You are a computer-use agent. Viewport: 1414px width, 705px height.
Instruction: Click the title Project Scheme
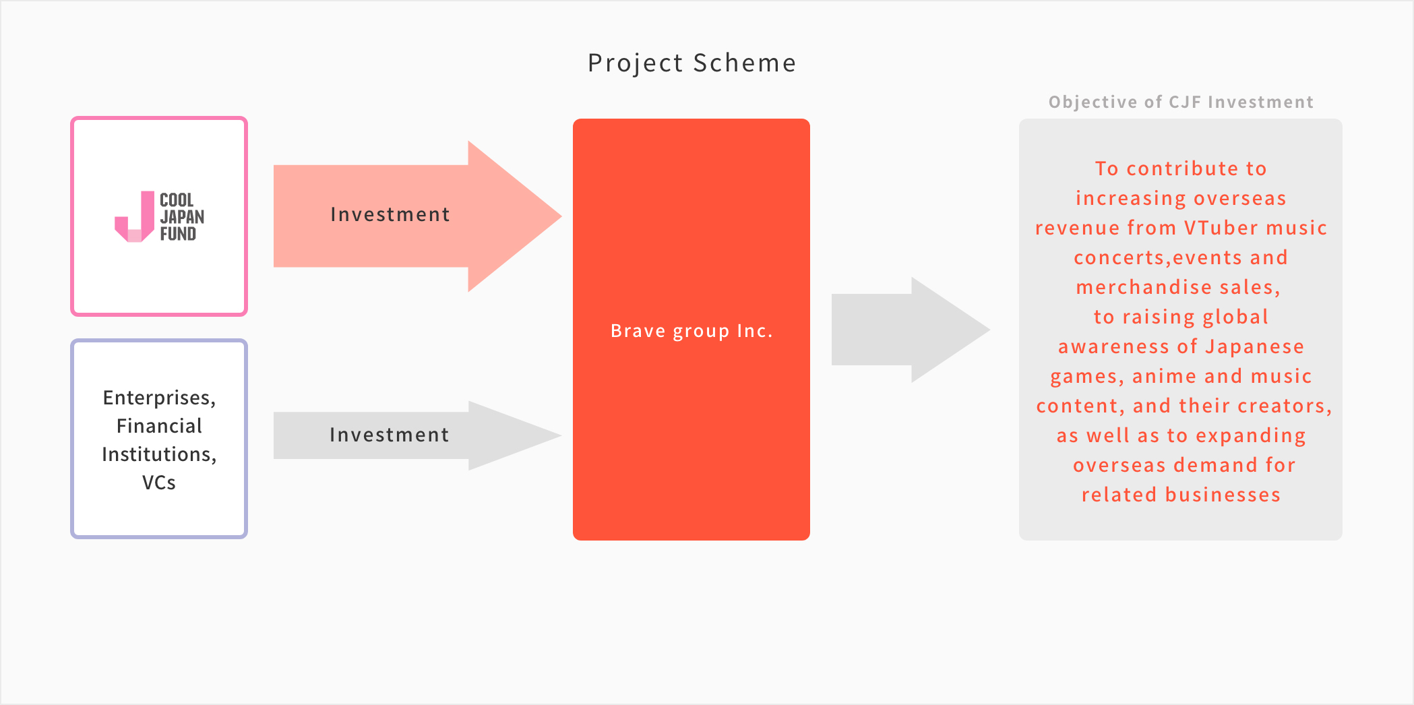coord(692,63)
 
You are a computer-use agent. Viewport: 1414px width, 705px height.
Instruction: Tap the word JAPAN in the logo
coord(182,217)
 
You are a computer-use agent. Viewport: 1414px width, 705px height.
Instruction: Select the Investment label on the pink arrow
coord(390,214)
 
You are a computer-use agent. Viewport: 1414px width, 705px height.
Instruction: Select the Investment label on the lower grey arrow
coord(390,435)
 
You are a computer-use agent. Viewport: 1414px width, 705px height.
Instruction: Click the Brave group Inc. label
coord(691,331)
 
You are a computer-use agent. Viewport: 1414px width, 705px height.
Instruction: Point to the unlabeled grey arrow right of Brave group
coord(911,330)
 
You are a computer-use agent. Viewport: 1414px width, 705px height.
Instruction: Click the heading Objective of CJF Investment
coord(1181,102)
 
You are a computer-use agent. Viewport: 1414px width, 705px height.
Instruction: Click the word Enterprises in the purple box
coord(156,398)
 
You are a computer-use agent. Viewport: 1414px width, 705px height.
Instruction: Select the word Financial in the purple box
coord(159,426)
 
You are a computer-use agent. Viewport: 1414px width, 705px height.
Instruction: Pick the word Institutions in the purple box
coord(156,454)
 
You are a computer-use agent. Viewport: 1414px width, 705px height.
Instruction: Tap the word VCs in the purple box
coord(159,483)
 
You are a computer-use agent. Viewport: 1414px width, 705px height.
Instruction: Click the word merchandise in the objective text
coord(1151,287)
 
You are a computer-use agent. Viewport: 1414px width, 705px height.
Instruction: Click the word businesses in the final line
coord(1223,495)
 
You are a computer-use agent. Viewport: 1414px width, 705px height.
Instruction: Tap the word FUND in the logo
coord(178,234)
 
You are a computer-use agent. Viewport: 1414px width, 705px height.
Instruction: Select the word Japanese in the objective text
coord(1255,347)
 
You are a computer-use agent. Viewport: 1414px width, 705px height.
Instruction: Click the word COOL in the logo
coord(177,200)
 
